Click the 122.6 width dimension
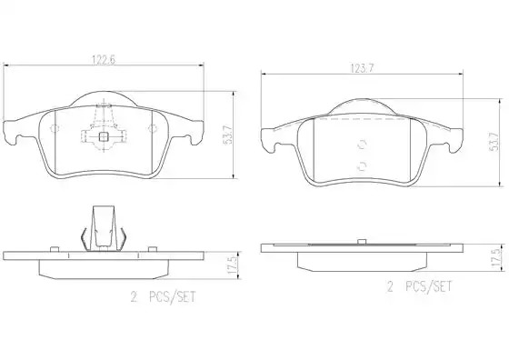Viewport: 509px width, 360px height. point(104,60)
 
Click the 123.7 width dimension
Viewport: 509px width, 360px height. point(362,68)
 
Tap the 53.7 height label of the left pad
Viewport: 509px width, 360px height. point(228,135)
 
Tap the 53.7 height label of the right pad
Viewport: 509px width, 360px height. point(494,142)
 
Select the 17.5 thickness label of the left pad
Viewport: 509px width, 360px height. point(233,265)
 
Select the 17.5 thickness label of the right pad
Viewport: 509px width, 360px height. point(495,259)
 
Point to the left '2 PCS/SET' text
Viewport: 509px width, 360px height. point(164,296)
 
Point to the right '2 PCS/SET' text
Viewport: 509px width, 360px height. point(419,286)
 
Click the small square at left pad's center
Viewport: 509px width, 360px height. point(104,137)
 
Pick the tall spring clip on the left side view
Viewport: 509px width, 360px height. point(104,228)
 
